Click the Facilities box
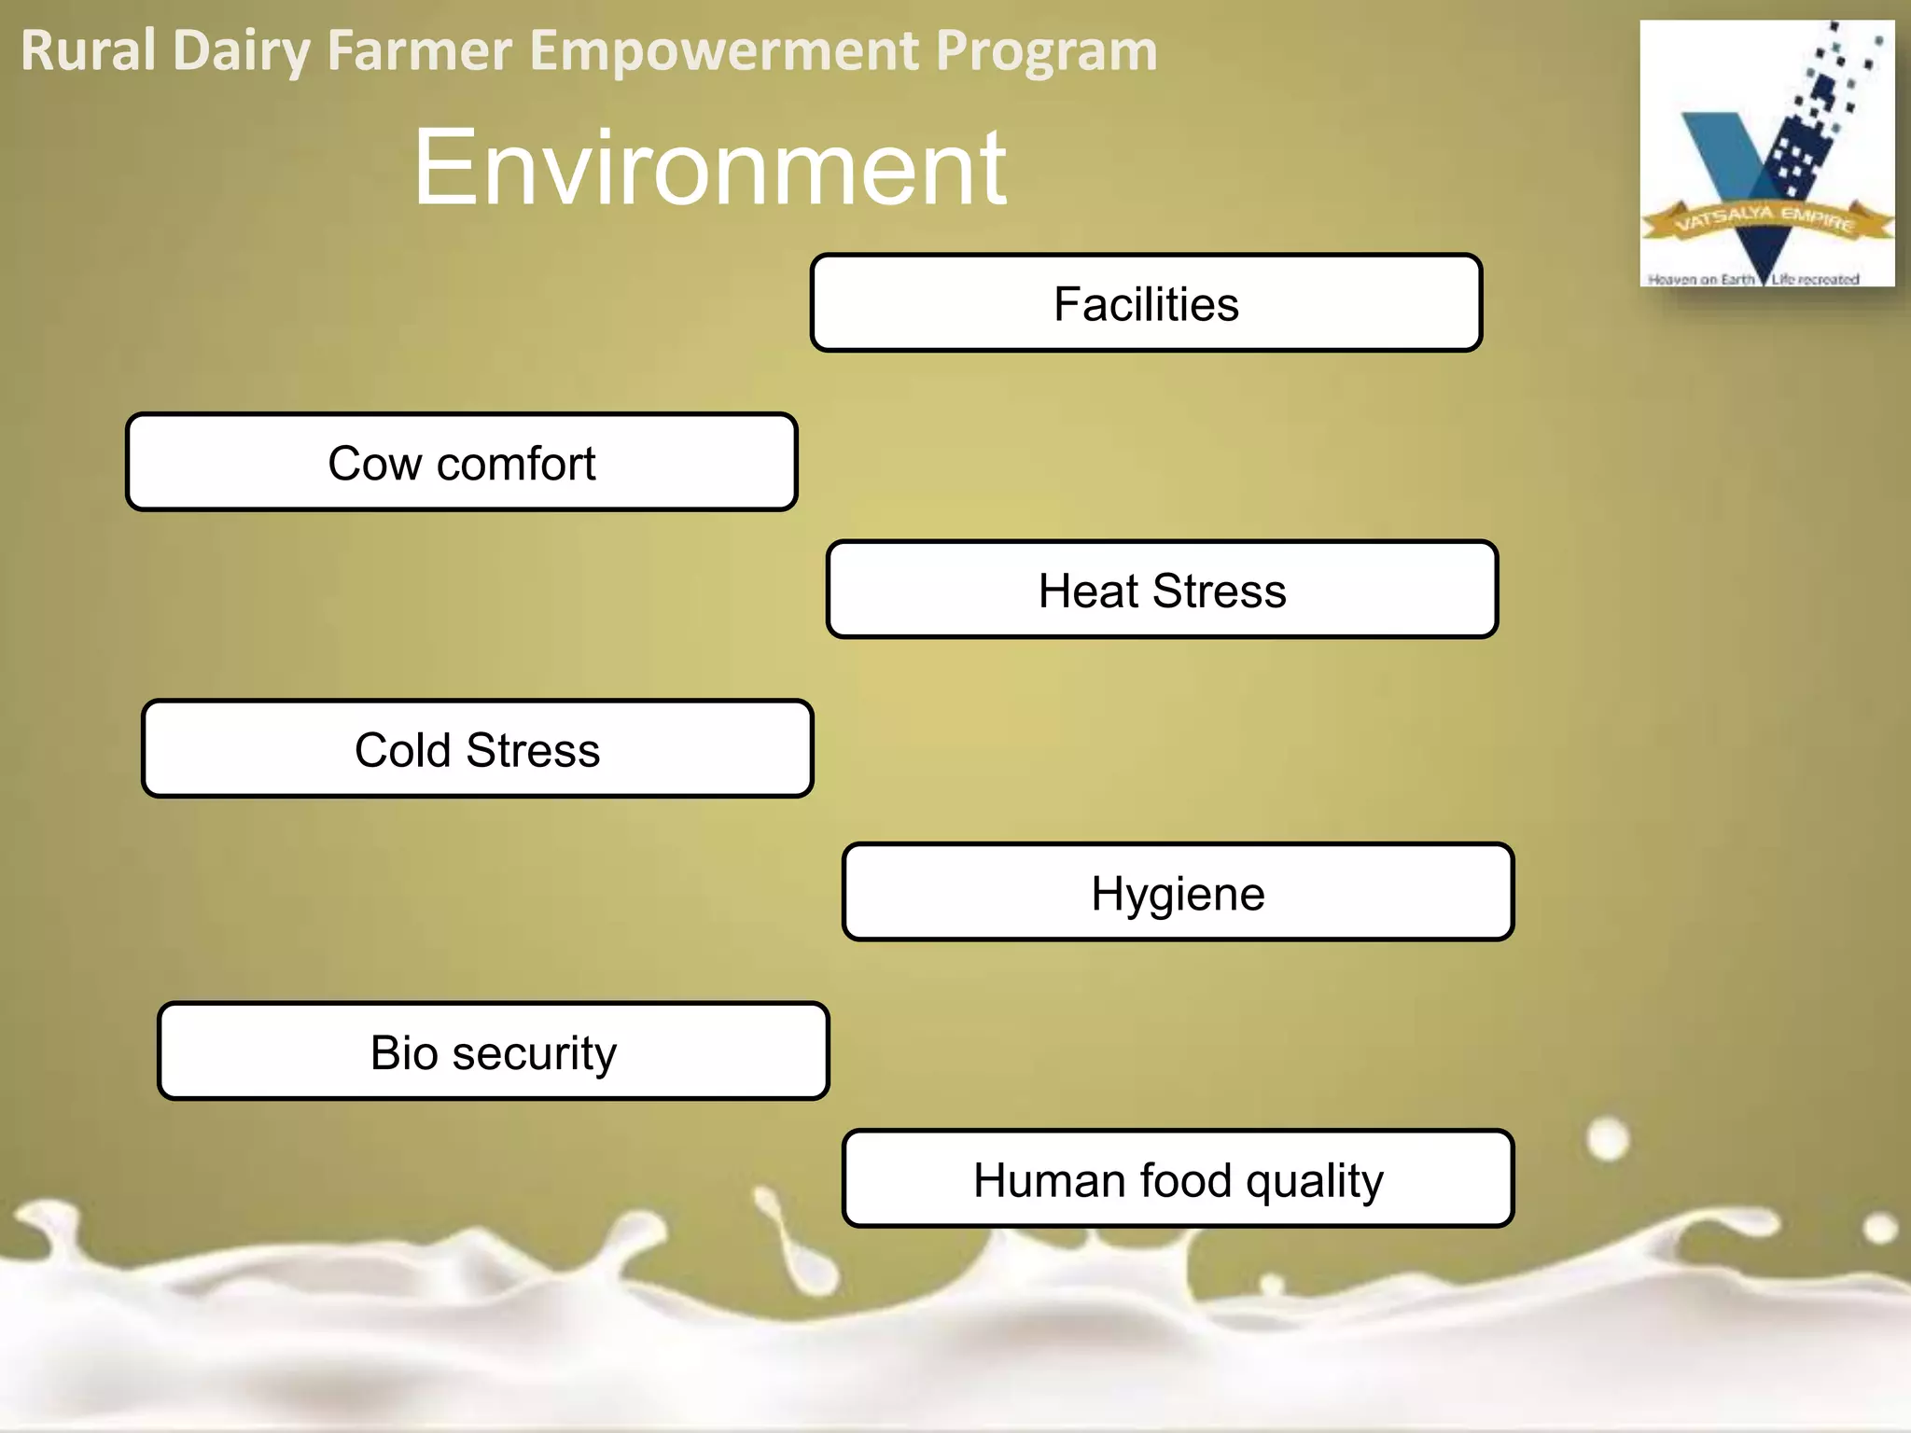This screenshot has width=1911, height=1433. [x=1146, y=303]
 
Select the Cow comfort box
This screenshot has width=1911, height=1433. [x=462, y=463]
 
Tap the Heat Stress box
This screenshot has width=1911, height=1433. [x=1162, y=590]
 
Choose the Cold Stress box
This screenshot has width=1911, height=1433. [x=477, y=749]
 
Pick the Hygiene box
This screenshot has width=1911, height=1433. [x=1178, y=893]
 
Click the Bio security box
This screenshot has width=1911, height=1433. [x=493, y=1051]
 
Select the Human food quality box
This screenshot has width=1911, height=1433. [x=1178, y=1179]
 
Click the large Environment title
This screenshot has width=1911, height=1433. [x=709, y=168]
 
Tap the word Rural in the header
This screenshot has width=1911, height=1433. [x=89, y=50]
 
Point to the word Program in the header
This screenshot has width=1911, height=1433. [x=1046, y=50]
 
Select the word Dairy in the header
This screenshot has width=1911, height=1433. [x=242, y=50]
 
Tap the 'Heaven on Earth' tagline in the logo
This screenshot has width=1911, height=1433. [x=1700, y=279]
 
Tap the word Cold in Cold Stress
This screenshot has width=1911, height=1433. [x=402, y=750]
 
